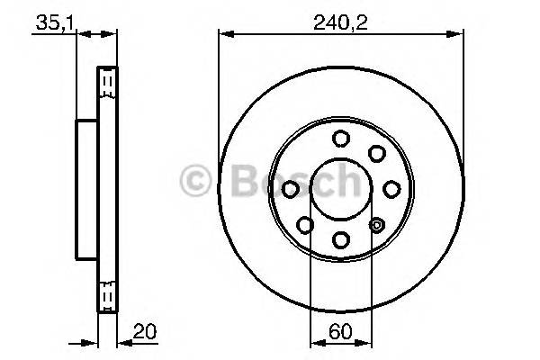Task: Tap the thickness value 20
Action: (x=141, y=330)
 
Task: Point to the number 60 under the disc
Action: (x=341, y=330)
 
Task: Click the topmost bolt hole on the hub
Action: (x=341, y=138)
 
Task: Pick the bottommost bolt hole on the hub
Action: (x=341, y=238)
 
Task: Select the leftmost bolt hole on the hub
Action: (x=291, y=188)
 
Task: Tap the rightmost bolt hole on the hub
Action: (x=391, y=188)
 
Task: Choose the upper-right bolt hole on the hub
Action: (x=376, y=153)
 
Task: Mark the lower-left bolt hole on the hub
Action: (x=306, y=224)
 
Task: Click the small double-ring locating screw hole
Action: (x=377, y=224)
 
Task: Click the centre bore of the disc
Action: (x=341, y=188)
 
